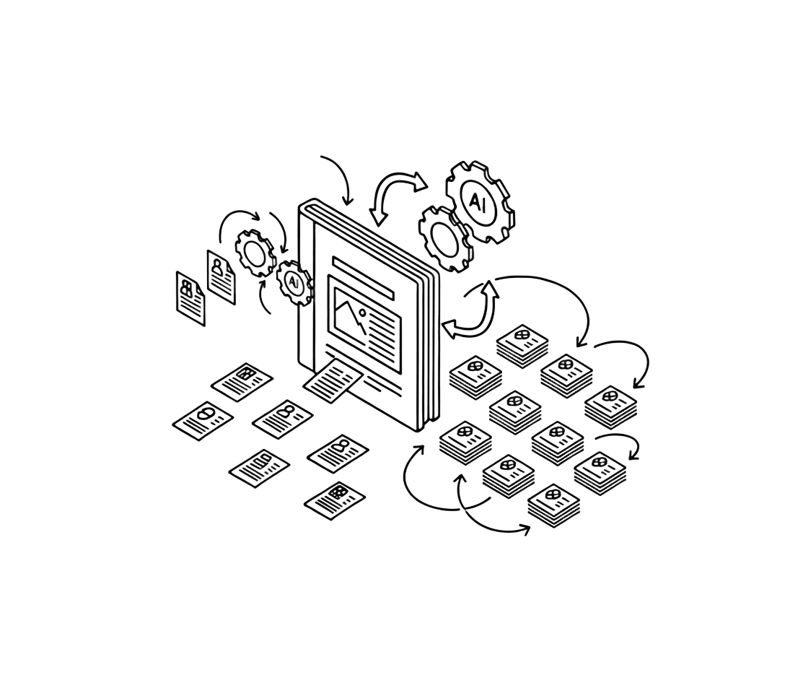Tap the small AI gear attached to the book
(x=294, y=283)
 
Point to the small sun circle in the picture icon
(x=362, y=313)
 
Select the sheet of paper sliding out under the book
(x=333, y=380)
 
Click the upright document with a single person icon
(x=221, y=277)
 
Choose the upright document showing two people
(x=190, y=299)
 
